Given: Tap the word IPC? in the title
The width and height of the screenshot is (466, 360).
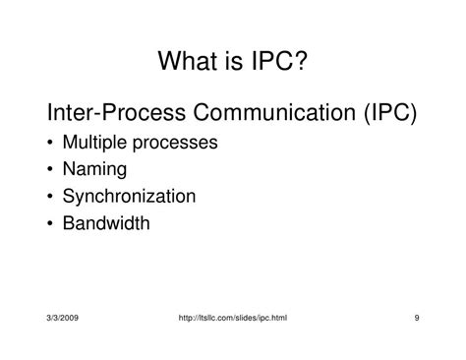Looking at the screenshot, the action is [279, 61].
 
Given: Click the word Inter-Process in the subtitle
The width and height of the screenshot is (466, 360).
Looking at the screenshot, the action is [116, 112].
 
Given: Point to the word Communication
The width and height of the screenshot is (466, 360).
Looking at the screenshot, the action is [274, 112].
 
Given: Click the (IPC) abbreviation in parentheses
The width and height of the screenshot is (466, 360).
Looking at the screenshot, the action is [390, 113].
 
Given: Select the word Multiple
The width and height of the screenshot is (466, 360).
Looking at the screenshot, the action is [94, 143].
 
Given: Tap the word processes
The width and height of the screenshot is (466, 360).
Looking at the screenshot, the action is [175, 144].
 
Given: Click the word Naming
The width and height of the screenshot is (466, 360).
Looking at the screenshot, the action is [94, 169].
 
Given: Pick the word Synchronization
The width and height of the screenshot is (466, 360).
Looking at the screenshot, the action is [129, 197].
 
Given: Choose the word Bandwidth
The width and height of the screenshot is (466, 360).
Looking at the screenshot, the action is [106, 223].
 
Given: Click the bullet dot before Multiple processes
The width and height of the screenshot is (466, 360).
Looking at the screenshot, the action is [50, 143].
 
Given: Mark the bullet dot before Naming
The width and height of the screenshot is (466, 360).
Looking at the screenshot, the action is [50, 169].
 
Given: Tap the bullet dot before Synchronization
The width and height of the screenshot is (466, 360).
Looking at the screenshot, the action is [50, 197].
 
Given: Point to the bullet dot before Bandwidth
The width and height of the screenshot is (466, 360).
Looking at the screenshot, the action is [50, 223].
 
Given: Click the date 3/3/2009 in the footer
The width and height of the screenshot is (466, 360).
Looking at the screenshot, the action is [63, 318].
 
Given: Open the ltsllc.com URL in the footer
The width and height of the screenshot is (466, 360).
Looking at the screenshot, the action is [233, 318].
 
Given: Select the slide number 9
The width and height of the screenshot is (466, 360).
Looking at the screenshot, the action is [417, 318].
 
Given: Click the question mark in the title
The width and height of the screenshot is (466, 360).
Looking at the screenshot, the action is [301, 60].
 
